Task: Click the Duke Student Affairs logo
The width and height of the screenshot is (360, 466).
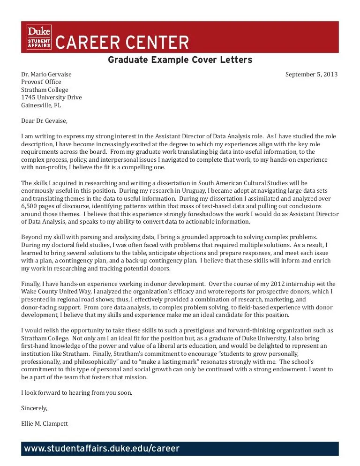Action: (x=39, y=37)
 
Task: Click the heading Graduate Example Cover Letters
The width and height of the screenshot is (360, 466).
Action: (x=180, y=60)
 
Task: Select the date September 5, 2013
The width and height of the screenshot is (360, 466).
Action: (x=311, y=75)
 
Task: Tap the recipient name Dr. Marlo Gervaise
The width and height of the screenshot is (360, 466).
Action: (x=46, y=75)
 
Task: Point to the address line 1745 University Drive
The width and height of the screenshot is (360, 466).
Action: (x=52, y=98)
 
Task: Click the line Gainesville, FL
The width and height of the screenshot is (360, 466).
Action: (x=41, y=105)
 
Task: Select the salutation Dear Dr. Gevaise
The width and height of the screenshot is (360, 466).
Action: (x=45, y=121)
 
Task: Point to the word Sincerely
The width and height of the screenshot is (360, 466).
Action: (x=34, y=408)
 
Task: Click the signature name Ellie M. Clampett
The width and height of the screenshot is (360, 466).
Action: (x=45, y=423)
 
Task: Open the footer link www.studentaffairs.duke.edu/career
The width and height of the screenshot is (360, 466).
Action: (x=102, y=449)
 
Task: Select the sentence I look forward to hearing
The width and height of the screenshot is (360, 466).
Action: (x=76, y=392)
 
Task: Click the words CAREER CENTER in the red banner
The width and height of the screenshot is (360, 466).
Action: (x=122, y=43)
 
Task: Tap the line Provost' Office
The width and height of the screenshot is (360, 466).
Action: (x=41, y=82)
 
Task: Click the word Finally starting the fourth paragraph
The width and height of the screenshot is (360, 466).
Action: (x=32, y=284)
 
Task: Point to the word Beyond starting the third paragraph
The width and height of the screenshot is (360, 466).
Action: (x=32, y=237)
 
